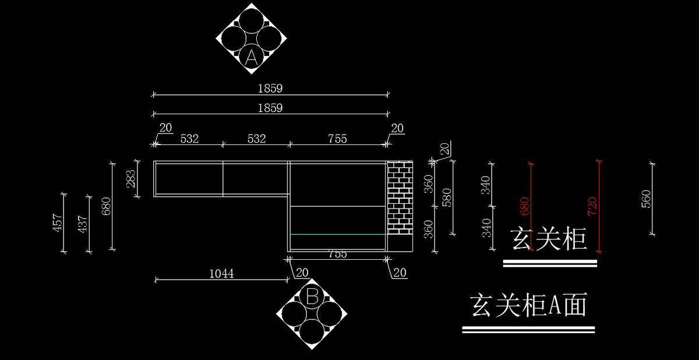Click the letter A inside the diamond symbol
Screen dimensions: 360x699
tap(251, 57)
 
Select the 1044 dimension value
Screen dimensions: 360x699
tap(221, 273)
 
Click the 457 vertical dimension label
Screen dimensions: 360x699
tap(58, 222)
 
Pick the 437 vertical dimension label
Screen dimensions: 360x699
tap(82, 224)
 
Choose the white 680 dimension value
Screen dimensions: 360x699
tap(106, 206)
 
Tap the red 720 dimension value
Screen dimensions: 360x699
tap(592, 206)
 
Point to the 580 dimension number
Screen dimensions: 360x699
tap(446, 197)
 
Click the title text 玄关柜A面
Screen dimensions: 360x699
tap(528, 306)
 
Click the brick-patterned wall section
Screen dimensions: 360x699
tap(400, 198)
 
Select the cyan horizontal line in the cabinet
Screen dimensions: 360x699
tap(338, 234)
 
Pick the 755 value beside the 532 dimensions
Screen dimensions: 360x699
tap(337, 139)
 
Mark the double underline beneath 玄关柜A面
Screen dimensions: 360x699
tap(528, 330)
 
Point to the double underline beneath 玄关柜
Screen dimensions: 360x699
tap(550, 264)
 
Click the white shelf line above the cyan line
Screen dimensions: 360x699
tap(338, 206)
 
